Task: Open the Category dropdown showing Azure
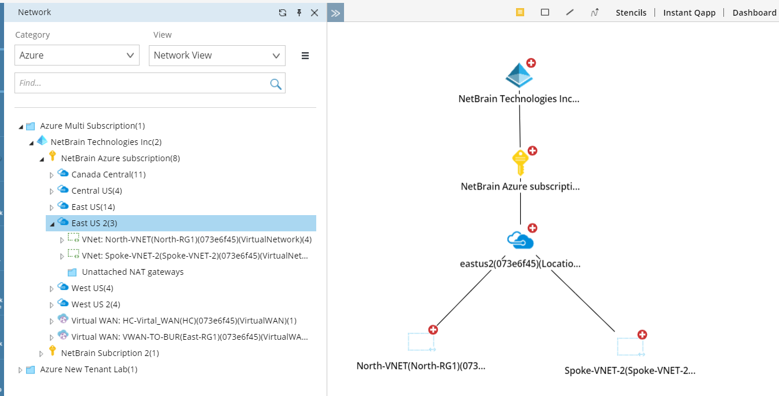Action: click(76, 55)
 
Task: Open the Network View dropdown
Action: click(217, 55)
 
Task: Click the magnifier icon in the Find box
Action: click(276, 83)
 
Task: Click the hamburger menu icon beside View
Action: click(305, 56)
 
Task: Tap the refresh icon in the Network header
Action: click(283, 12)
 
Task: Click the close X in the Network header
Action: click(314, 12)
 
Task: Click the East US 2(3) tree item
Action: click(94, 223)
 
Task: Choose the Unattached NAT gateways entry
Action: click(133, 272)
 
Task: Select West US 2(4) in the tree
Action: click(96, 304)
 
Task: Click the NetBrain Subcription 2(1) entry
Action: click(109, 353)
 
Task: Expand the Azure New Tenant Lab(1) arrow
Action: click(20, 370)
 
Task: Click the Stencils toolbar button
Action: click(631, 13)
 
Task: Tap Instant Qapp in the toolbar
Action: click(689, 13)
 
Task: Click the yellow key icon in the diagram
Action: click(520, 162)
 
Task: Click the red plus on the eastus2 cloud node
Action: click(532, 228)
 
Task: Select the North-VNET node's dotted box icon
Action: click(421, 342)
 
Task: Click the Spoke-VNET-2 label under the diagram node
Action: click(630, 370)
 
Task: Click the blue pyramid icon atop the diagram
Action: click(519, 75)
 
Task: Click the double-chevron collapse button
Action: click(335, 12)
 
